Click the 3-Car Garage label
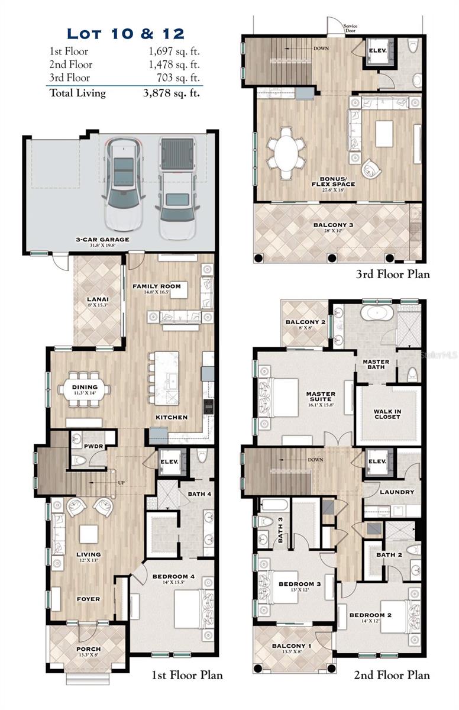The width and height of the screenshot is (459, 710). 102,240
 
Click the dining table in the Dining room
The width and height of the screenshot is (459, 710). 84,389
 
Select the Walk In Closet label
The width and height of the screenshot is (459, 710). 387,414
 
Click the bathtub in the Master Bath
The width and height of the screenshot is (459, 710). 377,313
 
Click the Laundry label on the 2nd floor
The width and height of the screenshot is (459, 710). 397,492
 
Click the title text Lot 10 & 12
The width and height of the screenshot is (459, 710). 125,33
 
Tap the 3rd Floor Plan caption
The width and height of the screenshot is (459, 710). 393,274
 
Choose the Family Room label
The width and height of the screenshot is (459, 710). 156,286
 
